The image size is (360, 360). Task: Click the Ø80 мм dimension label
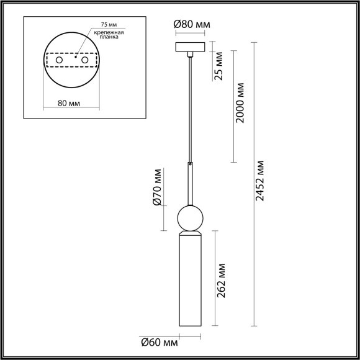(x=192, y=25)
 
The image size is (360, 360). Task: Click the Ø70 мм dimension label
(x=157, y=187)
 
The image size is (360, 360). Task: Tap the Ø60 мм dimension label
(x=160, y=342)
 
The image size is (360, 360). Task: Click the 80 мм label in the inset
(x=69, y=104)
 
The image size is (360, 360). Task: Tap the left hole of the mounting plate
(x=59, y=60)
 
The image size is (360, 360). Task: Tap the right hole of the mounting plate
(x=85, y=60)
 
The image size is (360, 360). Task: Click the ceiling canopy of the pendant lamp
(x=192, y=48)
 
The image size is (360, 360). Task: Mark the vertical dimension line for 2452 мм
(x=253, y=186)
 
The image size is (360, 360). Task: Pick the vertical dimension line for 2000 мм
(x=233, y=106)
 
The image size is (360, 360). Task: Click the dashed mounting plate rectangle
(x=72, y=53)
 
